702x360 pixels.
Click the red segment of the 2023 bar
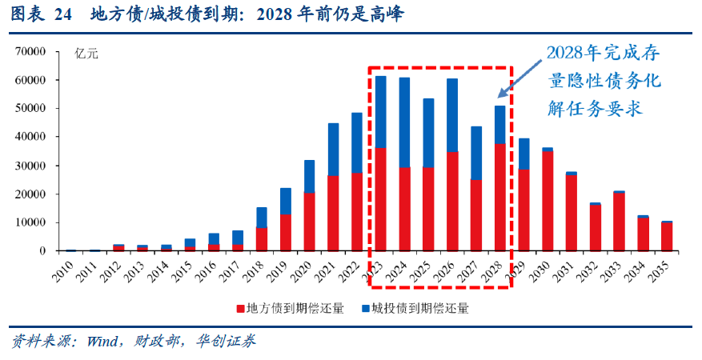coord(381,199)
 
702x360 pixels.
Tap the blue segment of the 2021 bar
coord(334,149)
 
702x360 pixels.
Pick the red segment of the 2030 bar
coord(547,201)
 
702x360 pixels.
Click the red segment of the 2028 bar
coord(499,197)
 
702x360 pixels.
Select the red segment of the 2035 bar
coord(666,236)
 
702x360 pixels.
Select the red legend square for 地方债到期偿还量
coord(240,308)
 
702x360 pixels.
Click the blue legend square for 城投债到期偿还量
coord(365,308)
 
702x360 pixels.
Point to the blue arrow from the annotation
coord(519,79)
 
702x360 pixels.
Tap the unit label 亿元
coord(86,54)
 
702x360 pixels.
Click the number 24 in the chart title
coord(62,14)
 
